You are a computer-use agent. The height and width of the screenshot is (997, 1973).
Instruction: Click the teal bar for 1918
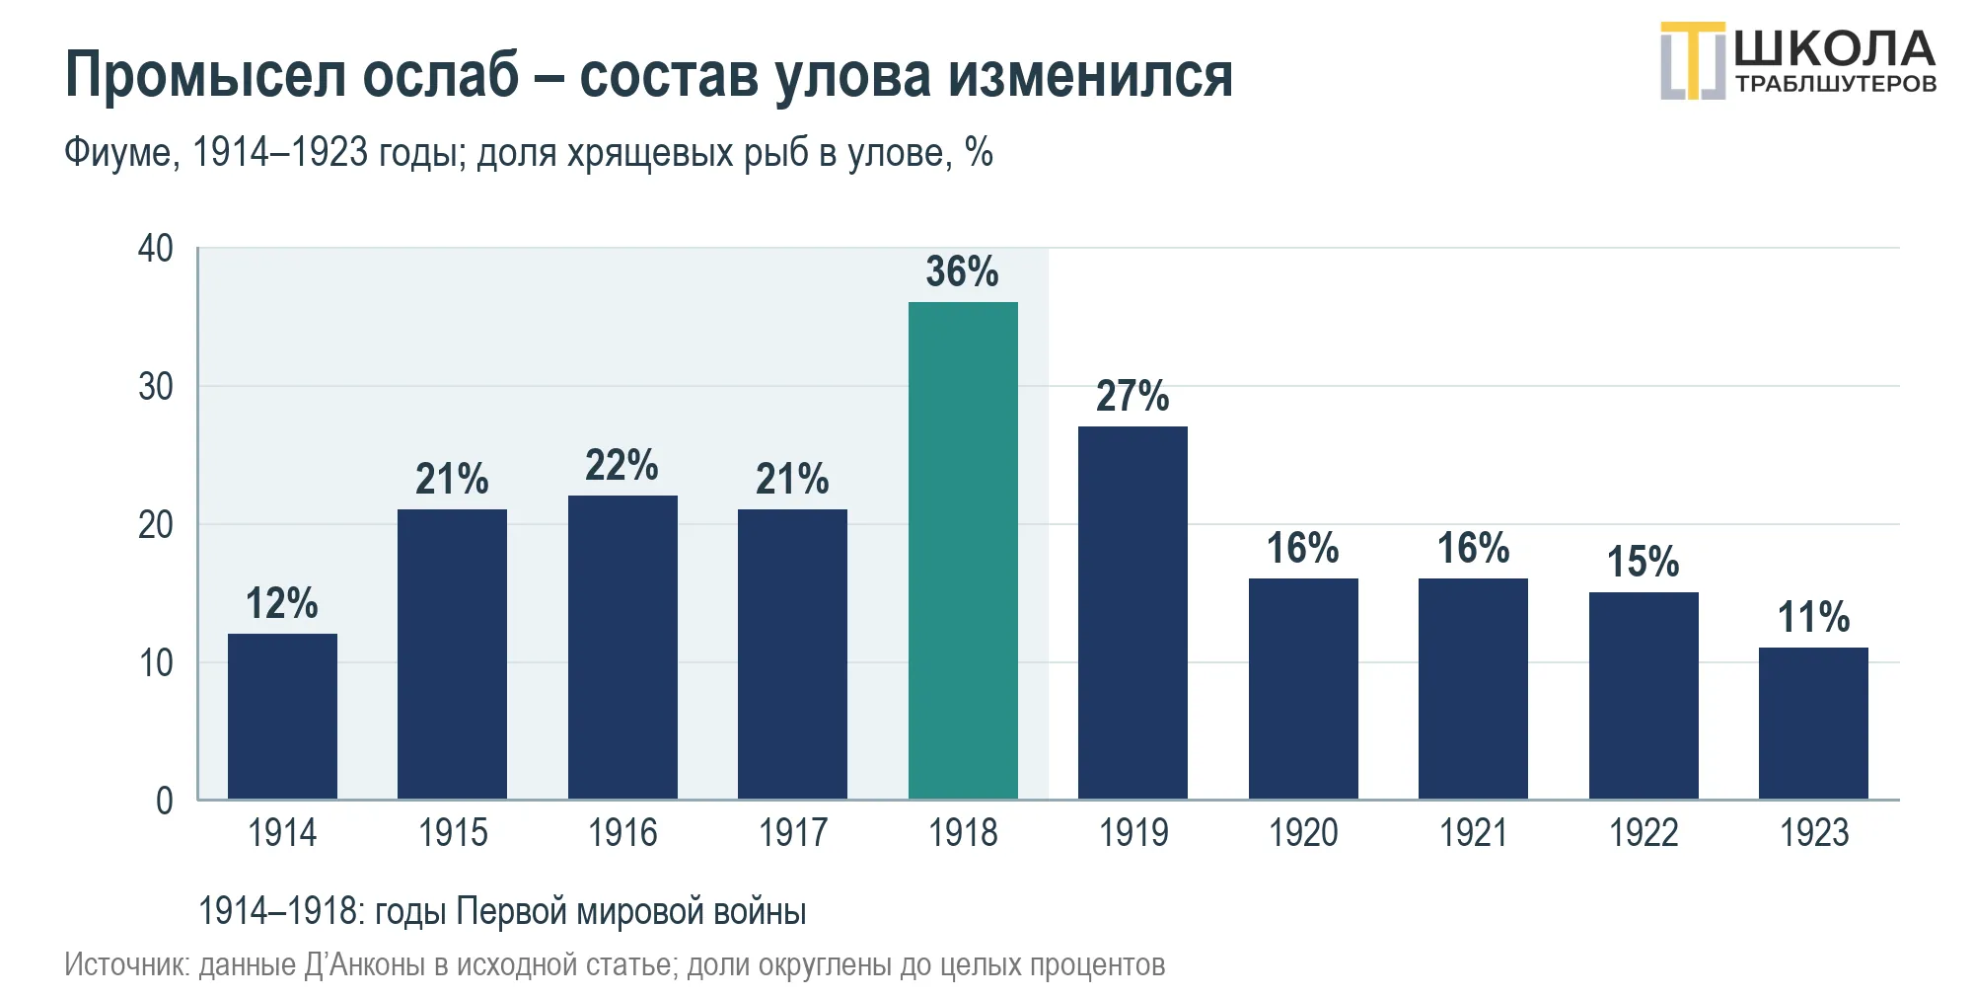click(963, 550)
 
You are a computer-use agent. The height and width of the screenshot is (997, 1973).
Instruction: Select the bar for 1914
click(282, 716)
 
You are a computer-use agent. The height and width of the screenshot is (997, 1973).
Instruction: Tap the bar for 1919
click(1133, 612)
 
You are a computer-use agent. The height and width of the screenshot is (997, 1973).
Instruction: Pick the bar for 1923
click(1813, 723)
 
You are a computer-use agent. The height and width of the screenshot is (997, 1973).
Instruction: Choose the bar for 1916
click(622, 647)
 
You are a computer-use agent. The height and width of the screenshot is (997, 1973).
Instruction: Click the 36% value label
click(962, 271)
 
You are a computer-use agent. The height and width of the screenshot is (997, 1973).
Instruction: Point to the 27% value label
click(1133, 396)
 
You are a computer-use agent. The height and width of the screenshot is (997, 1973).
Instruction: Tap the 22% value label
click(621, 465)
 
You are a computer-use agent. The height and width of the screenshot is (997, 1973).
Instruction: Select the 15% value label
click(1644, 562)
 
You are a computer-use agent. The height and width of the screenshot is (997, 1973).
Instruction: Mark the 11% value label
click(1813, 617)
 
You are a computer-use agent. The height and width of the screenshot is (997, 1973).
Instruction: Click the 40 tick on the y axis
click(156, 248)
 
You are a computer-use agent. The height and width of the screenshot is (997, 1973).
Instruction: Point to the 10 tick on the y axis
click(156, 662)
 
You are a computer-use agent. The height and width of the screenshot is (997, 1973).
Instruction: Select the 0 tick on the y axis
click(165, 801)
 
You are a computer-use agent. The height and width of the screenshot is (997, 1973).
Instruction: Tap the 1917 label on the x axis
click(793, 833)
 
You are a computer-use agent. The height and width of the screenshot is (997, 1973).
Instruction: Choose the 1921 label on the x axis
click(1474, 833)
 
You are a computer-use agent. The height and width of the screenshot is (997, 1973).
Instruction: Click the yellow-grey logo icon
click(1693, 60)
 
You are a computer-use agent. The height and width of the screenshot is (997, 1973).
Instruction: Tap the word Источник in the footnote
click(126, 964)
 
